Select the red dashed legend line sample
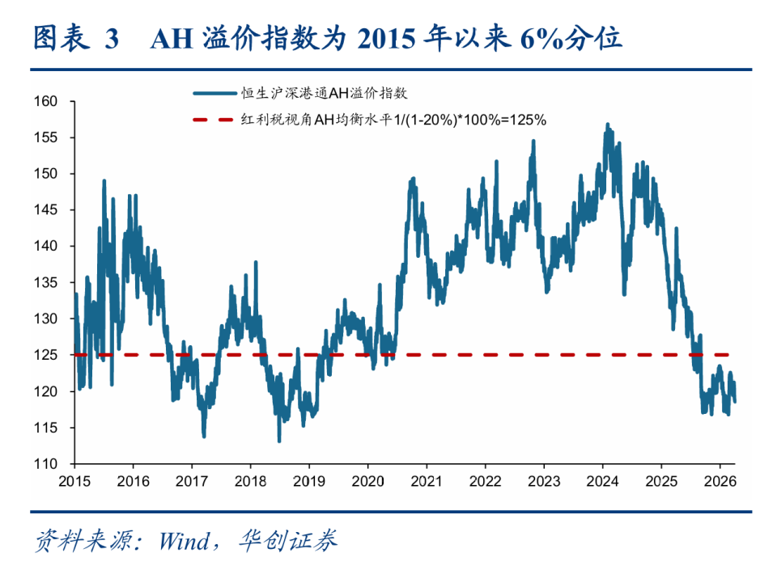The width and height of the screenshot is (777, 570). pyautogui.click(x=211, y=120)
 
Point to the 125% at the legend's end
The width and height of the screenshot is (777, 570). pyautogui.click(x=529, y=120)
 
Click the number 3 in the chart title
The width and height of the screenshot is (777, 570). pyautogui.click(x=113, y=39)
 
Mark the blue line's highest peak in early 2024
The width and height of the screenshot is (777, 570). pyautogui.click(x=607, y=124)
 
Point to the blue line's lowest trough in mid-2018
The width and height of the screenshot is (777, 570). pyautogui.click(x=279, y=441)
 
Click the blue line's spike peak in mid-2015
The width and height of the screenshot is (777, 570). pyautogui.click(x=104, y=180)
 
